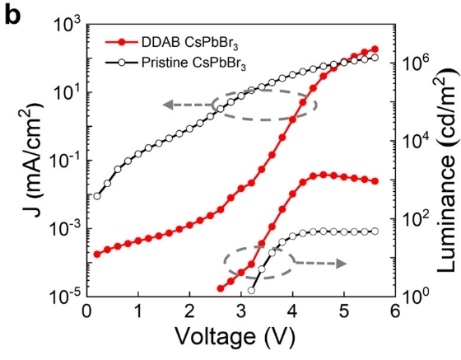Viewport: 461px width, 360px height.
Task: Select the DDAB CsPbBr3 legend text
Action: tap(189, 44)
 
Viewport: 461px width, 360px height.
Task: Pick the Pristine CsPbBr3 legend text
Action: tap(193, 63)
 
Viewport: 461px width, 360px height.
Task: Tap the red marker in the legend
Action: tap(122, 42)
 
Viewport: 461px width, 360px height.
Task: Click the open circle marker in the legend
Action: tap(122, 63)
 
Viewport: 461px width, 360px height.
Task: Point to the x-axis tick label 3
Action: tap(241, 311)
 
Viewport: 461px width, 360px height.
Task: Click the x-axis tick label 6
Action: tap(395, 311)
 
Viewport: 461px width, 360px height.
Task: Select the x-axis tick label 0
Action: tap(86, 311)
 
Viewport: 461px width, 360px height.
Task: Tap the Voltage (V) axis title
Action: tap(235, 337)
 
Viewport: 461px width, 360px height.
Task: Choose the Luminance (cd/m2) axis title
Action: tap(446, 170)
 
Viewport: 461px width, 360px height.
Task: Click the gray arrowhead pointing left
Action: tap(168, 105)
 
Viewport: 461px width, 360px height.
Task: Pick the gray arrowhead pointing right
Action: tap(342, 264)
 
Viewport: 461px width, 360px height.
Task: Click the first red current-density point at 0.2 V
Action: tap(97, 254)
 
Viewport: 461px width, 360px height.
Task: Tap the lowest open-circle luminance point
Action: tap(251, 291)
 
